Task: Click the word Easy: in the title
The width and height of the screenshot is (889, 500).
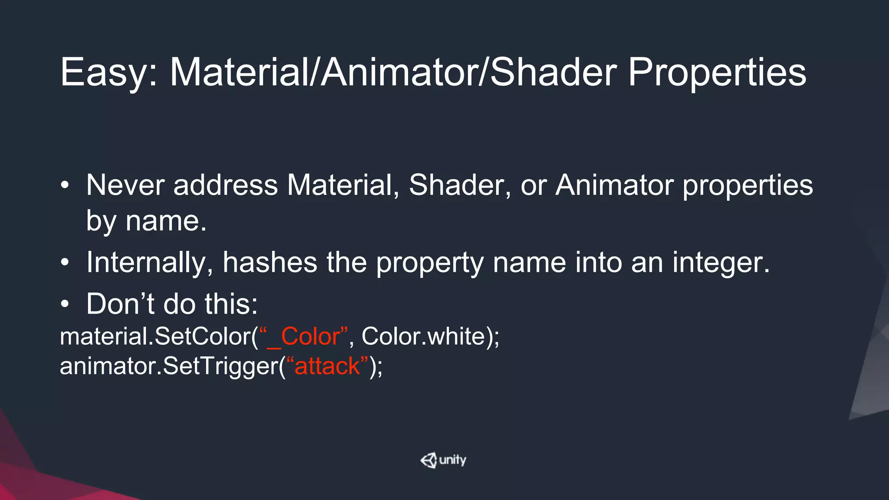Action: coord(109,72)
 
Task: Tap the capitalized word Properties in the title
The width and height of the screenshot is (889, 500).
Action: coord(717,72)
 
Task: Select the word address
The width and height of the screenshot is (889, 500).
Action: coord(225,185)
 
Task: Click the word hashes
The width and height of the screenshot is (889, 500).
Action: coord(270,263)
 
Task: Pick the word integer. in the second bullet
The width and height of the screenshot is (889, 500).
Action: coord(721,263)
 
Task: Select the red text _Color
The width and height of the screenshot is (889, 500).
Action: coord(304,336)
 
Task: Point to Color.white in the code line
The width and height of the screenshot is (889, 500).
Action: coord(423,336)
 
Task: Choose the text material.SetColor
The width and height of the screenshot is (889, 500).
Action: coord(155,336)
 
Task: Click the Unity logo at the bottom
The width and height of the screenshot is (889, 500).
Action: coord(443,460)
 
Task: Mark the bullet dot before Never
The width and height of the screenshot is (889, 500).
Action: coord(65,186)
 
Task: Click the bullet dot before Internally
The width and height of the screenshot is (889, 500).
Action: coord(65,263)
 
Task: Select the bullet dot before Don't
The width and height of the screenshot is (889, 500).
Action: coord(65,304)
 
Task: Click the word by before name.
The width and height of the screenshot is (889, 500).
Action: coord(101,221)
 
